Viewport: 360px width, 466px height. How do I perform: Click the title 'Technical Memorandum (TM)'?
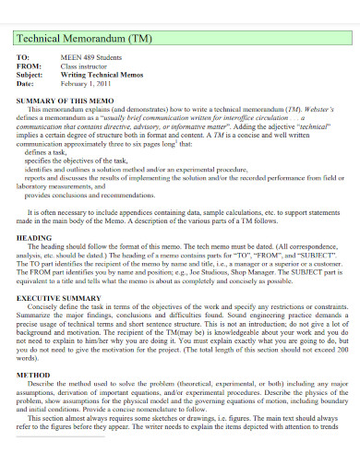click(x=75, y=39)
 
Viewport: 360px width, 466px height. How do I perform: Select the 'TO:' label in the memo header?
click(x=23, y=58)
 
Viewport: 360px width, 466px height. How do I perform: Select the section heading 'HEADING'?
click(x=35, y=237)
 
